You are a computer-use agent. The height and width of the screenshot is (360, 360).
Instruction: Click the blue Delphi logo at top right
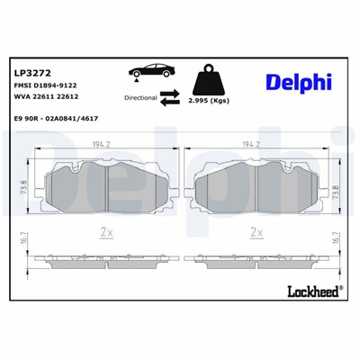point(297,82)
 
